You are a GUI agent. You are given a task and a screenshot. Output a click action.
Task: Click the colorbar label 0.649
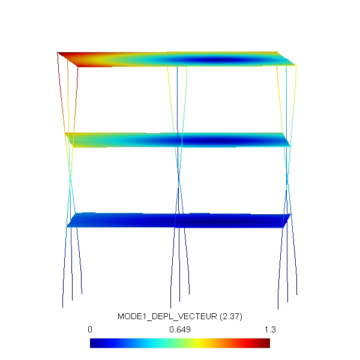coord(180,329)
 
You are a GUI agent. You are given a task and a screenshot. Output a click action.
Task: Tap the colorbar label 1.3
coord(270,329)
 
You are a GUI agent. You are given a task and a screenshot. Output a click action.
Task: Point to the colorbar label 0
coord(90,329)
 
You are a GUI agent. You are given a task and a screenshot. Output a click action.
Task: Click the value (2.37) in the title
coord(231,316)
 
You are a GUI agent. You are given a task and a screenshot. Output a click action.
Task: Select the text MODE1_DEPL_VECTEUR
coord(167,316)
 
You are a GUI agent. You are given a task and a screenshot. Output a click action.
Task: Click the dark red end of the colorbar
coord(266,343)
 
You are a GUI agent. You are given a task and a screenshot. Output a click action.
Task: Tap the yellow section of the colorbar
coord(197,343)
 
